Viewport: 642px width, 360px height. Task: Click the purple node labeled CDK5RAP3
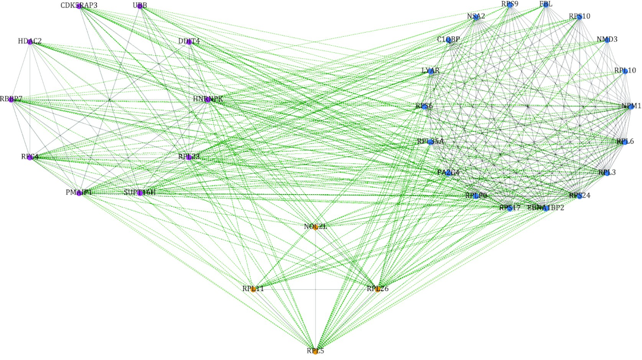point(79,7)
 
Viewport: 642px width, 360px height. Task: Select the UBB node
point(140,7)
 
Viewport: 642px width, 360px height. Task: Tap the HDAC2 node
point(30,42)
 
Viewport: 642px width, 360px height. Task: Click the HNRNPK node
point(207,100)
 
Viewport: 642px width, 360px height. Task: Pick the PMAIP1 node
point(79,193)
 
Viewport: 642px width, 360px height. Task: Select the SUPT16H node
point(140,193)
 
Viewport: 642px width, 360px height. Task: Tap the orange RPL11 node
point(253,289)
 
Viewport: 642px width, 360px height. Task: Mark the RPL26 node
point(377,289)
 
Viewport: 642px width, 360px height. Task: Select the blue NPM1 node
point(631,106)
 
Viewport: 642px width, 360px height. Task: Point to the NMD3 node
point(608,40)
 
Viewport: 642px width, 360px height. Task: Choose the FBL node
point(546,5)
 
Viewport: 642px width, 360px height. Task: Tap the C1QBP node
point(449,40)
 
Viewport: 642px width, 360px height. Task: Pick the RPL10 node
point(625,71)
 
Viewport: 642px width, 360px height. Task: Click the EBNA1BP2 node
point(546,209)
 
